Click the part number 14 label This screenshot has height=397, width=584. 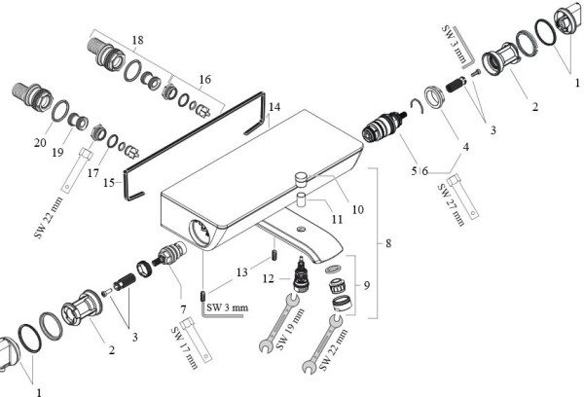point(274,107)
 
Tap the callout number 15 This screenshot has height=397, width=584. point(109,183)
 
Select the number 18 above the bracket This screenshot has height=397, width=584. point(137,40)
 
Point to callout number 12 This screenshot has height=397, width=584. point(269,278)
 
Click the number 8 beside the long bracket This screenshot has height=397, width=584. point(388,243)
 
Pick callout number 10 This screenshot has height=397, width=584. point(357,209)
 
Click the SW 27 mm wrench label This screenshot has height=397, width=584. point(451,205)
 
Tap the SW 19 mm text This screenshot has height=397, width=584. point(290,329)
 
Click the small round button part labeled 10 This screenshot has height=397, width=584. point(301,178)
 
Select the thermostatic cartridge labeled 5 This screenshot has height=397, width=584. point(382,127)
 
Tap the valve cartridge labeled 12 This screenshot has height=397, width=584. point(303,273)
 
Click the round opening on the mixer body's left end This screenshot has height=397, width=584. point(201,234)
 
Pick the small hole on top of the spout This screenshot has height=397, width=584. point(300,229)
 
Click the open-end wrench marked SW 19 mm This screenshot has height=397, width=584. point(278,323)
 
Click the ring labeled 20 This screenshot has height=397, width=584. point(60,111)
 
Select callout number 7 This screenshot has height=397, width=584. point(183,309)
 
